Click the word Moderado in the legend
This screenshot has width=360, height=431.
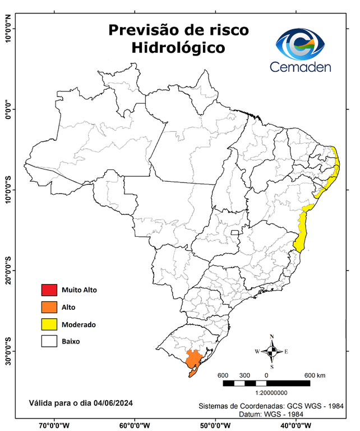tap(79, 324)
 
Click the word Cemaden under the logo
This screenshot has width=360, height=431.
tap(301, 67)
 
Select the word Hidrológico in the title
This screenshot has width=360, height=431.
tap(178, 48)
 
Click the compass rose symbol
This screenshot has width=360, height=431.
tap(271, 352)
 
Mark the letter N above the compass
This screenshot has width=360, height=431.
tap(271, 337)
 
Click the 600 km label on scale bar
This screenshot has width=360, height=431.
tap(314, 375)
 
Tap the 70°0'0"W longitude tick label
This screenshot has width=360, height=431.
tap(54, 424)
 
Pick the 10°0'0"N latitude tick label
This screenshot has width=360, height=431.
tap(8, 28)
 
